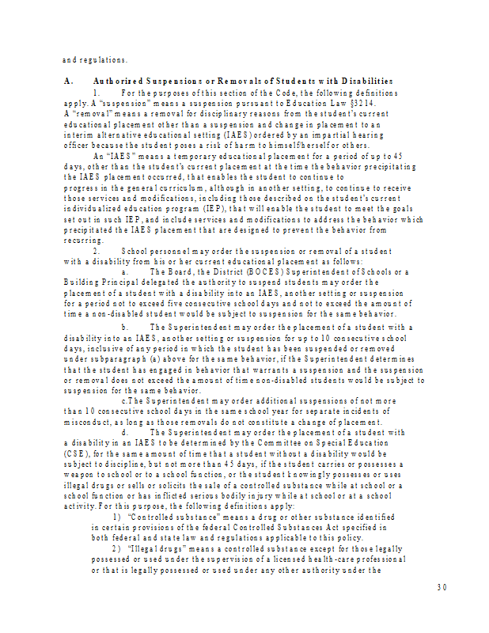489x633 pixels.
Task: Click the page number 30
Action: coord(442,587)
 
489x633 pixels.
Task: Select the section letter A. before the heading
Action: coord(66,81)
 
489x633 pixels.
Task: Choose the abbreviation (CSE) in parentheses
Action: coord(75,454)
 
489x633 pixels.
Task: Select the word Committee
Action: coord(291,444)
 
